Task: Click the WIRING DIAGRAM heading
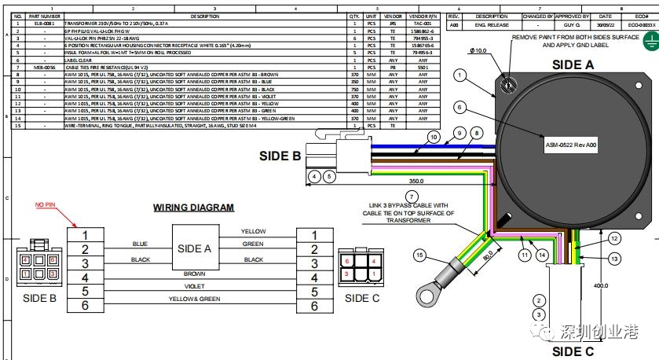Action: [x=193, y=208]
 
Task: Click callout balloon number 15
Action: [x=419, y=255]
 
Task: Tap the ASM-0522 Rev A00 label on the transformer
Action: [x=571, y=144]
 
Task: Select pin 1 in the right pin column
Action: [x=314, y=235]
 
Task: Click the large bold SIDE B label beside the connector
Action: [x=280, y=156]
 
